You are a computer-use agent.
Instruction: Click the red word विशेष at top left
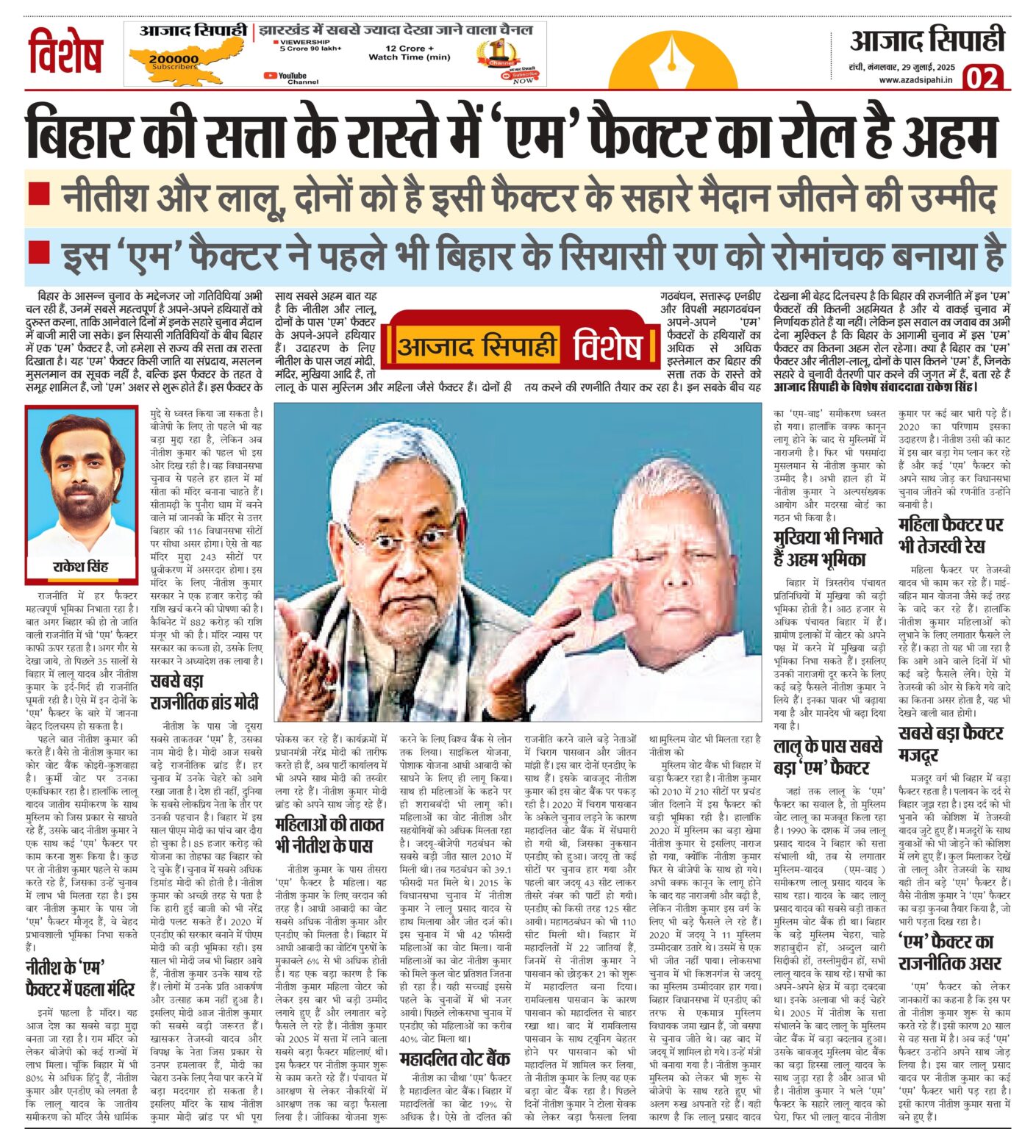(x=65, y=52)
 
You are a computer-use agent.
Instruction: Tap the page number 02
(x=983, y=76)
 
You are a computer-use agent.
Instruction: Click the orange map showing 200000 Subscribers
(x=171, y=61)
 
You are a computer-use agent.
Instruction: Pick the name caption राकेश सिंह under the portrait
(x=81, y=567)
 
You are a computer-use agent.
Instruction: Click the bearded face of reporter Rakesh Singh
(x=82, y=478)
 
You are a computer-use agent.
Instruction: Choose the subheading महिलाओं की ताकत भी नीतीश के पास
(x=324, y=835)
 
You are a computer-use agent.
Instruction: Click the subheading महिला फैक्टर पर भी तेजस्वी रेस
(x=951, y=534)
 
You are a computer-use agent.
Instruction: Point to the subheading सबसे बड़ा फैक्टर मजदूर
(x=951, y=744)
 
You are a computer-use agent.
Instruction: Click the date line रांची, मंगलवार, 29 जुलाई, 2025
(x=901, y=67)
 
